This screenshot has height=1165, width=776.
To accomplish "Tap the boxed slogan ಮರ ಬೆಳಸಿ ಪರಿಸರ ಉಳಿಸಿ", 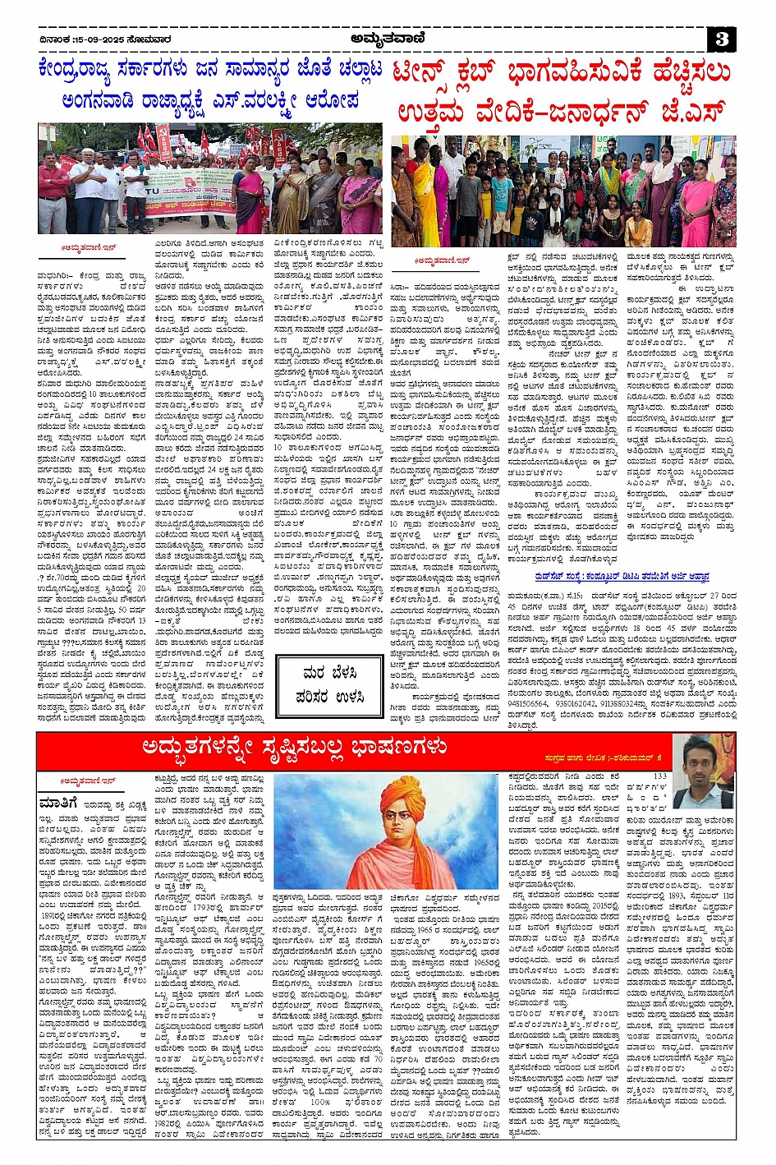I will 331,684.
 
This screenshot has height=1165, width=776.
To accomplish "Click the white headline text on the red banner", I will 295,748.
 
